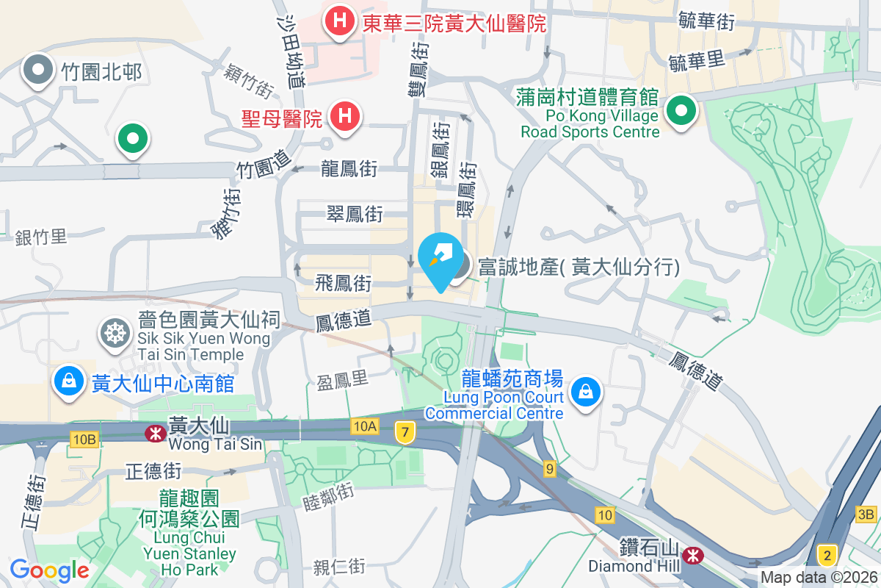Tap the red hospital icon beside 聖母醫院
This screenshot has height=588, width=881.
tap(344, 115)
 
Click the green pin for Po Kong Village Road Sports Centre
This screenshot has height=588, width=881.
tap(681, 112)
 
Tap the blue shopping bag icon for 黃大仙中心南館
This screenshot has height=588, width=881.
tap(68, 381)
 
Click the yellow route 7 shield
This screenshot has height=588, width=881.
tap(403, 432)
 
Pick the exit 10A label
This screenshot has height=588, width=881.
tap(364, 426)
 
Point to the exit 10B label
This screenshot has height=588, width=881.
tap(84, 440)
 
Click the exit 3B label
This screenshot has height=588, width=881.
tap(866, 514)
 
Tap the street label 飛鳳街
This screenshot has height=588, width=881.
tap(344, 283)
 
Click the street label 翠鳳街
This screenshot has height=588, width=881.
tap(355, 215)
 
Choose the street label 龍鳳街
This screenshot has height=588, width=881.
tap(349, 169)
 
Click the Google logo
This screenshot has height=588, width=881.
tap(49, 570)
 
